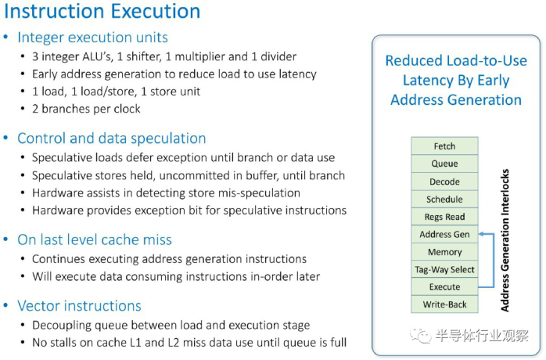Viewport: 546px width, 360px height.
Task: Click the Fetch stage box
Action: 444,146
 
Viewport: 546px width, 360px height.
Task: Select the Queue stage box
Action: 444,164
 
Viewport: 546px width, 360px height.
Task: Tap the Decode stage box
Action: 444,182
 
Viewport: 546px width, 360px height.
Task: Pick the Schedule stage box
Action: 444,200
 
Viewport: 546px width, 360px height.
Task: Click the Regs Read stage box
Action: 444,217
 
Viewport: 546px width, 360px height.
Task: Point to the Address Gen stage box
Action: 444,234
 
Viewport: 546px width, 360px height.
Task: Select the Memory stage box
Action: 444,252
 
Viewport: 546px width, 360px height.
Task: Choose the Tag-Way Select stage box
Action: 444,269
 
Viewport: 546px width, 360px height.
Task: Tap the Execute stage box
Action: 444,286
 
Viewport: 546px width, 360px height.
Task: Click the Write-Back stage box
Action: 444,304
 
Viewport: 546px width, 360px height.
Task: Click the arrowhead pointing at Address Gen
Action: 482,234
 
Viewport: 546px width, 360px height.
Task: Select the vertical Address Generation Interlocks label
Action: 505,240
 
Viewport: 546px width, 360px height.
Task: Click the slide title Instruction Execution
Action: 102,12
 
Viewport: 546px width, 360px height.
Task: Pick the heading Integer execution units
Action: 92,38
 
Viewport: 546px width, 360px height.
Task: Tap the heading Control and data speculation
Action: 111,139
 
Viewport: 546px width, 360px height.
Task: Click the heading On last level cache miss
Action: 95,239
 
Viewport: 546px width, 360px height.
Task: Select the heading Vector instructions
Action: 79,306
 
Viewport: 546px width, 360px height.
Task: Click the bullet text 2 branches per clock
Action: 86,109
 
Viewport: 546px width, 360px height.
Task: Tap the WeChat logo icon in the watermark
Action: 420,335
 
